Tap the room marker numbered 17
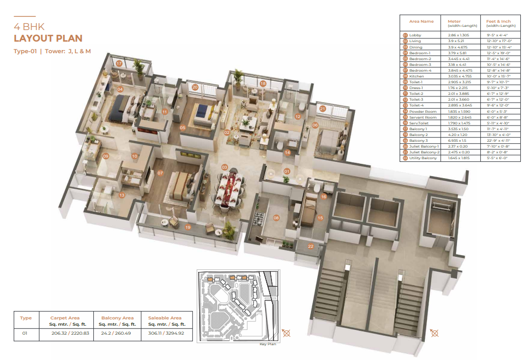click(x=119, y=63)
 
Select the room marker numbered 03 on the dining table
click(x=225, y=167)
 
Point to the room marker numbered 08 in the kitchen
click(x=276, y=217)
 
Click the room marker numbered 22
click(x=311, y=245)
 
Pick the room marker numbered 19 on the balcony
click(x=188, y=227)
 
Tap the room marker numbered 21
click(x=323, y=109)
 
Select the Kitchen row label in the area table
click(x=416, y=76)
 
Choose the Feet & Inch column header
click(x=498, y=22)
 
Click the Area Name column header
click(x=421, y=22)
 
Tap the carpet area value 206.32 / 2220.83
click(x=65, y=333)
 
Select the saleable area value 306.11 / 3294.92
click(x=164, y=333)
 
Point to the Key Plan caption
click(x=268, y=344)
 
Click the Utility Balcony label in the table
click(x=423, y=158)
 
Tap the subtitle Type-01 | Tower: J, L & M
click(x=52, y=51)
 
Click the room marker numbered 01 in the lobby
click(x=287, y=171)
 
